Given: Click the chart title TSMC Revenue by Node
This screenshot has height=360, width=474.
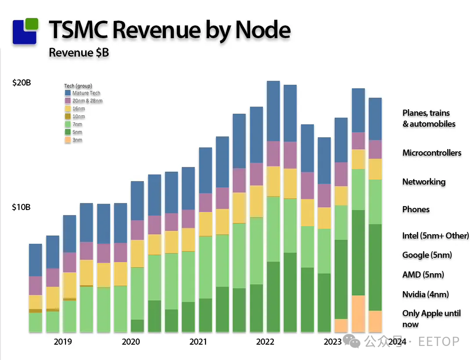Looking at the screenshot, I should pyautogui.click(x=169, y=30).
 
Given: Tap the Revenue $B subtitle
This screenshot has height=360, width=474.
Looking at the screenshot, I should pyautogui.click(x=79, y=53).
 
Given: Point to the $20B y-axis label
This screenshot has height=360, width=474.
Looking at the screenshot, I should pyautogui.click(x=22, y=82).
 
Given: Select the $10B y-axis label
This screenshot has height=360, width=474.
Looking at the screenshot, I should pyautogui.click(x=21, y=207).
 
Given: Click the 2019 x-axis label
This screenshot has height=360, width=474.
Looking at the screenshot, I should pyautogui.click(x=63, y=342).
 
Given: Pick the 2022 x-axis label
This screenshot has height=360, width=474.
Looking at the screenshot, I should pyautogui.click(x=265, y=342).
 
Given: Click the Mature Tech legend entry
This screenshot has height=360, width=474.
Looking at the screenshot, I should pyautogui.click(x=86, y=93).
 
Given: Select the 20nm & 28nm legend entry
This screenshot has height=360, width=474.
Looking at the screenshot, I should pyautogui.click(x=87, y=101).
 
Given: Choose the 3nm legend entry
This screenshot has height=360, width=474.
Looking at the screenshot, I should pyautogui.click(x=77, y=140).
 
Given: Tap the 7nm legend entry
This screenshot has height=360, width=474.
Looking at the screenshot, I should pyautogui.click(x=77, y=125).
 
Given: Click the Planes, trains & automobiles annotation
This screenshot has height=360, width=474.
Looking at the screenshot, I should pyautogui.click(x=429, y=118).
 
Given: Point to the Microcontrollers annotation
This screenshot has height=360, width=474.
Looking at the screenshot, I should pyautogui.click(x=432, y=153).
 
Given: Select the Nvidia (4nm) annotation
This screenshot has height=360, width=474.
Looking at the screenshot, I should pyautogui.click(x=425, y=294).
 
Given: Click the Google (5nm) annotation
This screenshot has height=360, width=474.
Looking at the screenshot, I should pyautogui.click(x=427, y=255).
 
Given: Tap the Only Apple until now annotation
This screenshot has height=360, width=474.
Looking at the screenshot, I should pyautogui.click(x=431, y=319).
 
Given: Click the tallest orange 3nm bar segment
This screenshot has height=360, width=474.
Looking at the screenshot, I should pyautogui.click(x=359, y=314).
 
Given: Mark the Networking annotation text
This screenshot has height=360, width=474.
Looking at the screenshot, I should pyautogui.click(x=424, y=182).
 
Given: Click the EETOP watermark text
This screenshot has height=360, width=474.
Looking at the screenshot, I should pyautogui.click(x=438, y=342).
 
